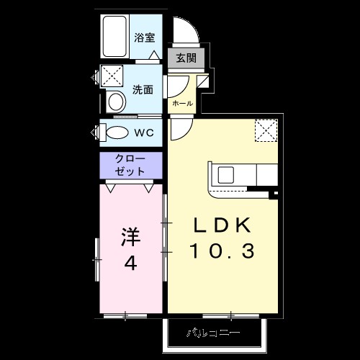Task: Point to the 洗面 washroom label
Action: coord(143,90)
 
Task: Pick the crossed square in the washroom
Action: coord(111,75)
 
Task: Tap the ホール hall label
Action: coord(182,104)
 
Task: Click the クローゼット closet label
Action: coord(131,165)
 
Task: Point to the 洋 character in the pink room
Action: coord(130,236)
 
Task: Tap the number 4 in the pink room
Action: coord(130,263)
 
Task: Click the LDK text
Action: coord(222,226)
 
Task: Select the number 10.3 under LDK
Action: coord(222,251)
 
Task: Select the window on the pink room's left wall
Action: coord(96,259)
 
